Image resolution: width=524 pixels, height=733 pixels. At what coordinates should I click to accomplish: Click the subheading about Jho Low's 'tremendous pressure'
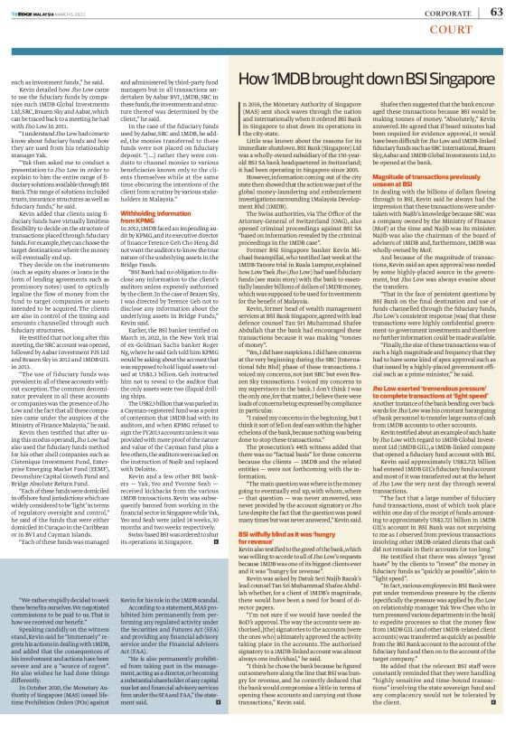tap(420, 391)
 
